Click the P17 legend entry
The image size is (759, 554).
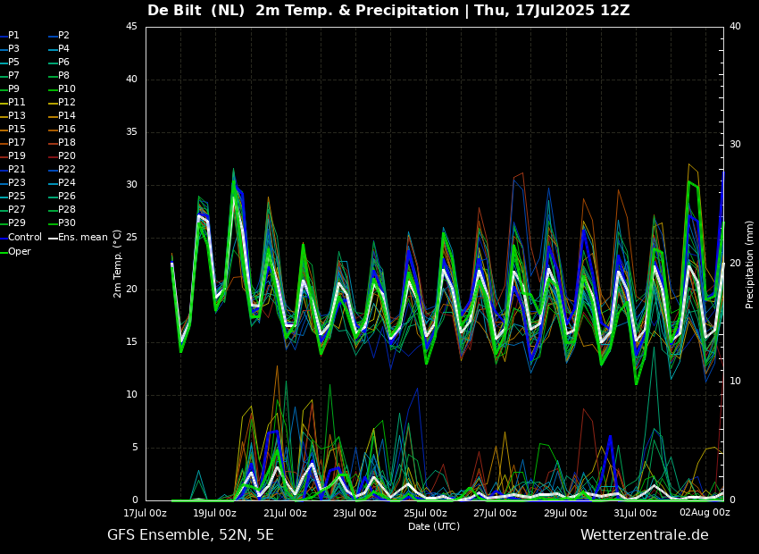pyautogui.click(x=17, y=143)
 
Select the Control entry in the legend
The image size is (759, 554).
pyautogui.click(x=24, y=238)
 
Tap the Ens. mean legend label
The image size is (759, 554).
pyautogui.click(x=82, y=238)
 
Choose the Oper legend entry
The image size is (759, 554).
pyautogui.click(x=19, y=252)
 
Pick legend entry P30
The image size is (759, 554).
pyautogui.click(x=67, y=223)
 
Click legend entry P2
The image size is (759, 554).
pyautogui.click(x=63, y=36)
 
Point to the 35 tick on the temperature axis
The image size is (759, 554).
pyautogui.click(x=131, y=132)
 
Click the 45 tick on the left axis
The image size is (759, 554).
pyautogui.click(x=131, y=27)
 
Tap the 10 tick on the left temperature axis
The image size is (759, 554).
pyautogui.click(x=131, y=395)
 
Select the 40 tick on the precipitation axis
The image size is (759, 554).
pyautogui.click(x=735, y=27)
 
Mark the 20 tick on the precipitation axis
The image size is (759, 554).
pyautogui.click(x=735, y=264)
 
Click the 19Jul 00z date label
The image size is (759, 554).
pyautogui.click(x=215, y=513)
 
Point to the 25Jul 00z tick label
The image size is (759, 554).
pyautogui.click(x=425, y=513)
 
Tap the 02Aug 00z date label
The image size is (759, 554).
pyautogui.click(x=705, y=513)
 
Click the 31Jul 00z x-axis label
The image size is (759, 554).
pyautogui.click(x=635, y=513)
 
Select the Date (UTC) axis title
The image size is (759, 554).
pyautogui.click(x=434, y=526)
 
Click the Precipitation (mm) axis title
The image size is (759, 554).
pyautogui.click(x=750, y=264)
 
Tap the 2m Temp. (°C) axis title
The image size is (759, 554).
pyautogui.click(x=117, y=264)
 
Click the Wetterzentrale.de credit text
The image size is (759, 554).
pyautogui.click(x=644, y=535)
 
